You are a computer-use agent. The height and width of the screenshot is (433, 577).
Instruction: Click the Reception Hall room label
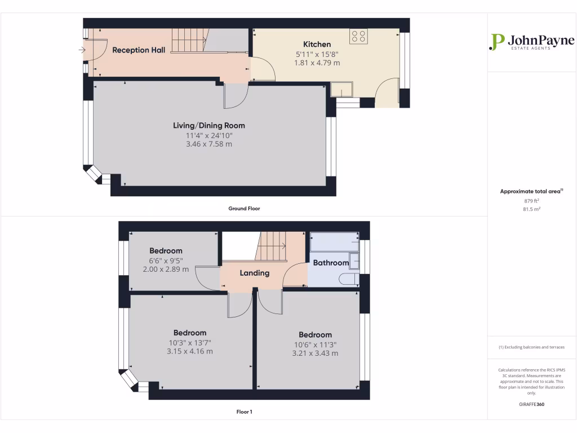click(139, 50)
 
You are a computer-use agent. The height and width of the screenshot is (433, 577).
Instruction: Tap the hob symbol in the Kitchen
click(358, 36)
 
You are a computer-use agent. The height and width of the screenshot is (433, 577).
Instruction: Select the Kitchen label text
click(317, 44)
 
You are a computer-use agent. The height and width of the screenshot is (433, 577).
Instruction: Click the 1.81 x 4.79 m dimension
click(317, 63)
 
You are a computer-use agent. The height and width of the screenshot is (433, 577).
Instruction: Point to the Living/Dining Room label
click(209, 126)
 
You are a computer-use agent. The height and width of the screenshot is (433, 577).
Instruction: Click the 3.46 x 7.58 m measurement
click(209, 144)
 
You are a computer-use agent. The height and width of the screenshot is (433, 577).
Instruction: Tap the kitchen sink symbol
click(341, 90)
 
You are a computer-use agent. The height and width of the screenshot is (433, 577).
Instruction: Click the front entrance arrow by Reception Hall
click(82, 51)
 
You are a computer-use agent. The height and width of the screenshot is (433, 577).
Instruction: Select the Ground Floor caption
click(244, 209)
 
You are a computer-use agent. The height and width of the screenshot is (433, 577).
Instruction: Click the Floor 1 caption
click(244, 412)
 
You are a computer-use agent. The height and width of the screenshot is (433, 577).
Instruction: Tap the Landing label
click(255, 273)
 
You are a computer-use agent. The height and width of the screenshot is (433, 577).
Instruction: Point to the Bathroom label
click(331, 263)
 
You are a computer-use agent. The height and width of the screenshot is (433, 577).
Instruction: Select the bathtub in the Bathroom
click(335, 242)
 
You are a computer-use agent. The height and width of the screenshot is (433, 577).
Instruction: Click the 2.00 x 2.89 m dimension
click(166, 269)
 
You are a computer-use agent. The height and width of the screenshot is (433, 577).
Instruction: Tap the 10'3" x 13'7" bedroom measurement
click(190, 342)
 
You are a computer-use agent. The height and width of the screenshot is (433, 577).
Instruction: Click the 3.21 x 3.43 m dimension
click(315, 354)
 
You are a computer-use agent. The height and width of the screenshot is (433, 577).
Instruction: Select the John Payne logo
click(532, 42)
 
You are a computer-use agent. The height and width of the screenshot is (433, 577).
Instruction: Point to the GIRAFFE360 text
click(532, 404)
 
